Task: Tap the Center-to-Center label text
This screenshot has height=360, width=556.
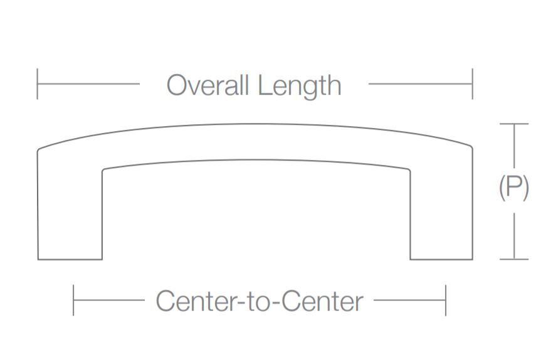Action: point(259,301)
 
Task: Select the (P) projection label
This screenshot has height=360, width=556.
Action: point(514,188)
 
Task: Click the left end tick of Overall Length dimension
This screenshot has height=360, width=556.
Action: point(38,84)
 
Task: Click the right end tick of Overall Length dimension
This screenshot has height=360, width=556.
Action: point(472,84)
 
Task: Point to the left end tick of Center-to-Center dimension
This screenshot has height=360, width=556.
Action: point(73,300)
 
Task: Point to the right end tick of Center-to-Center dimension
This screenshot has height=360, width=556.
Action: point(446,300)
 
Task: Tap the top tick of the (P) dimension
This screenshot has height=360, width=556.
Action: point(514,124)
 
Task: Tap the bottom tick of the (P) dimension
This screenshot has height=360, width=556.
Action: point(514,259)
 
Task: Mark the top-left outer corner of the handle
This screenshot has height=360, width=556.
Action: point(39,149)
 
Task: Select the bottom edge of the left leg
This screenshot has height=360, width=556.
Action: point(70,259)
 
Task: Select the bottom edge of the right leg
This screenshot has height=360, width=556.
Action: point(441,259)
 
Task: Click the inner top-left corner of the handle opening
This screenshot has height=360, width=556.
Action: point(103,169)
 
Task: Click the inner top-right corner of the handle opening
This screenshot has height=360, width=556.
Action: point(410,169)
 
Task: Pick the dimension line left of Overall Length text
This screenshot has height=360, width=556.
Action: point(88,84)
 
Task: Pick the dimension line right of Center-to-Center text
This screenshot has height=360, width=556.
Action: point(409,300)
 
